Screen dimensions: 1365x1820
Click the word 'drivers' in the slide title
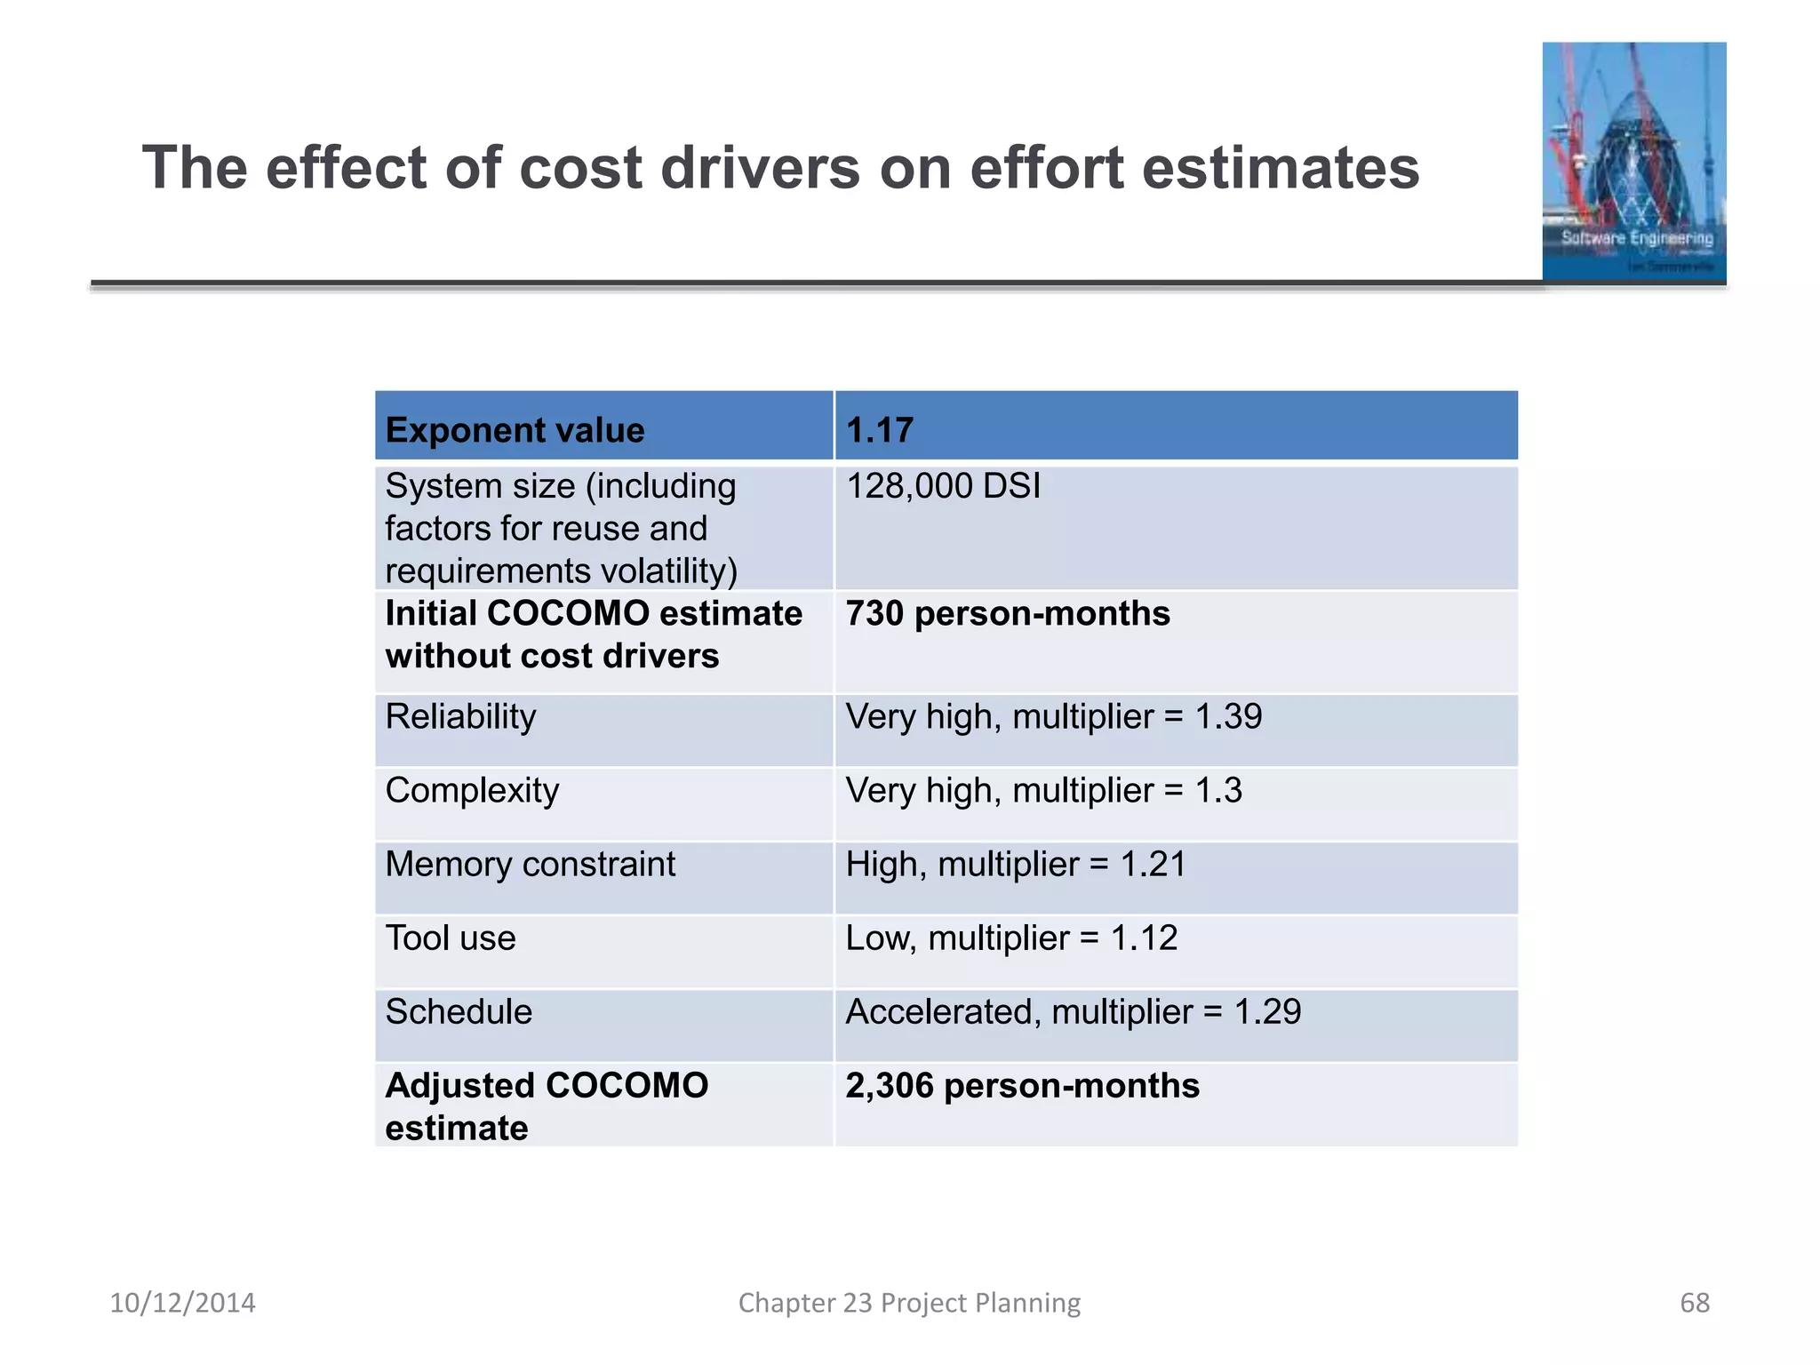[x=761, y=168]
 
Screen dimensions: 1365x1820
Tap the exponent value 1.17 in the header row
[x=879, y=431]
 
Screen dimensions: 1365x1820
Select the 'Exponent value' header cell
[x=515, y=431]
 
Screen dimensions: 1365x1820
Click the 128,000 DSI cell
[x=943, y=487]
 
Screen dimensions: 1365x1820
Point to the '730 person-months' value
[x=1008, y=614]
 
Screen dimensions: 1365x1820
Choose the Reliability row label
[x=460, y=717]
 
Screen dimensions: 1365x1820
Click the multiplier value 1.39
[x=1228, y=717]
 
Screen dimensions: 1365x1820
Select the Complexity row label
[x=472, y=791]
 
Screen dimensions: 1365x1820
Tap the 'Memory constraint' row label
[x=530, y=865]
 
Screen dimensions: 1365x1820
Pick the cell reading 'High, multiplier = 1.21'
[x=1016, y=865]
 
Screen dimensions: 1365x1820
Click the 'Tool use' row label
[x=451, y=938]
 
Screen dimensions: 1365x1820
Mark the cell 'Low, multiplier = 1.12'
[x=1011, y=938]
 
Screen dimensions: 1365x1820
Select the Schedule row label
[x=459, y=1012]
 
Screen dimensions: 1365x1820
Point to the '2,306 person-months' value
[x=1022, y=1086]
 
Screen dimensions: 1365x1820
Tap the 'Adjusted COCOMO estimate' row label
[x=546, y=1106]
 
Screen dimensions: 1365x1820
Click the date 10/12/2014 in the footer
[x=182, y=1303]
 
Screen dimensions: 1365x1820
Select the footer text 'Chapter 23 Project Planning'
[x=909, y=1303]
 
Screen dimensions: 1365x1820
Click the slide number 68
[x=1694, y=1303]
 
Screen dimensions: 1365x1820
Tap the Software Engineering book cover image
[x=1633, y=162]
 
